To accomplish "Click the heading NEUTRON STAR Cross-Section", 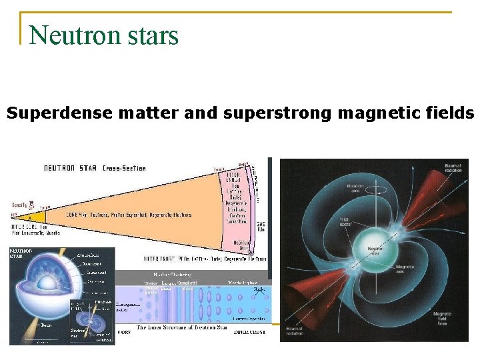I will click(95, 169).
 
